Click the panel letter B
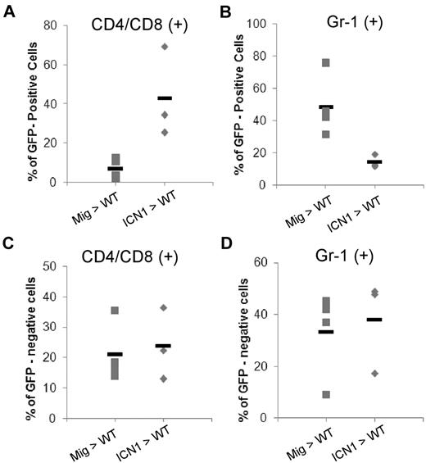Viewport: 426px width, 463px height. (x=224, y=9)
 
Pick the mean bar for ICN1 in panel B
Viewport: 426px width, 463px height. (x=375, y=161)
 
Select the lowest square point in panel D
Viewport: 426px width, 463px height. (x=326, y=394)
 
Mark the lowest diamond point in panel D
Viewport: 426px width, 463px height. (x=375, y=373)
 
